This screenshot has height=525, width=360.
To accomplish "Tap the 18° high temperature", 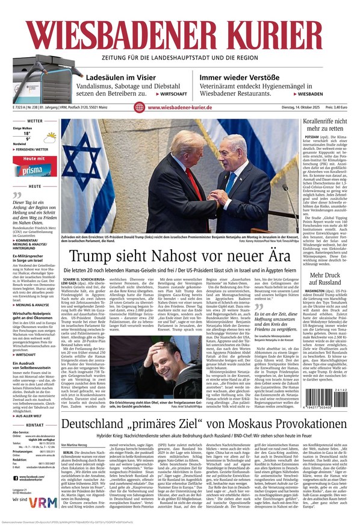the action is pos(27,134).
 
